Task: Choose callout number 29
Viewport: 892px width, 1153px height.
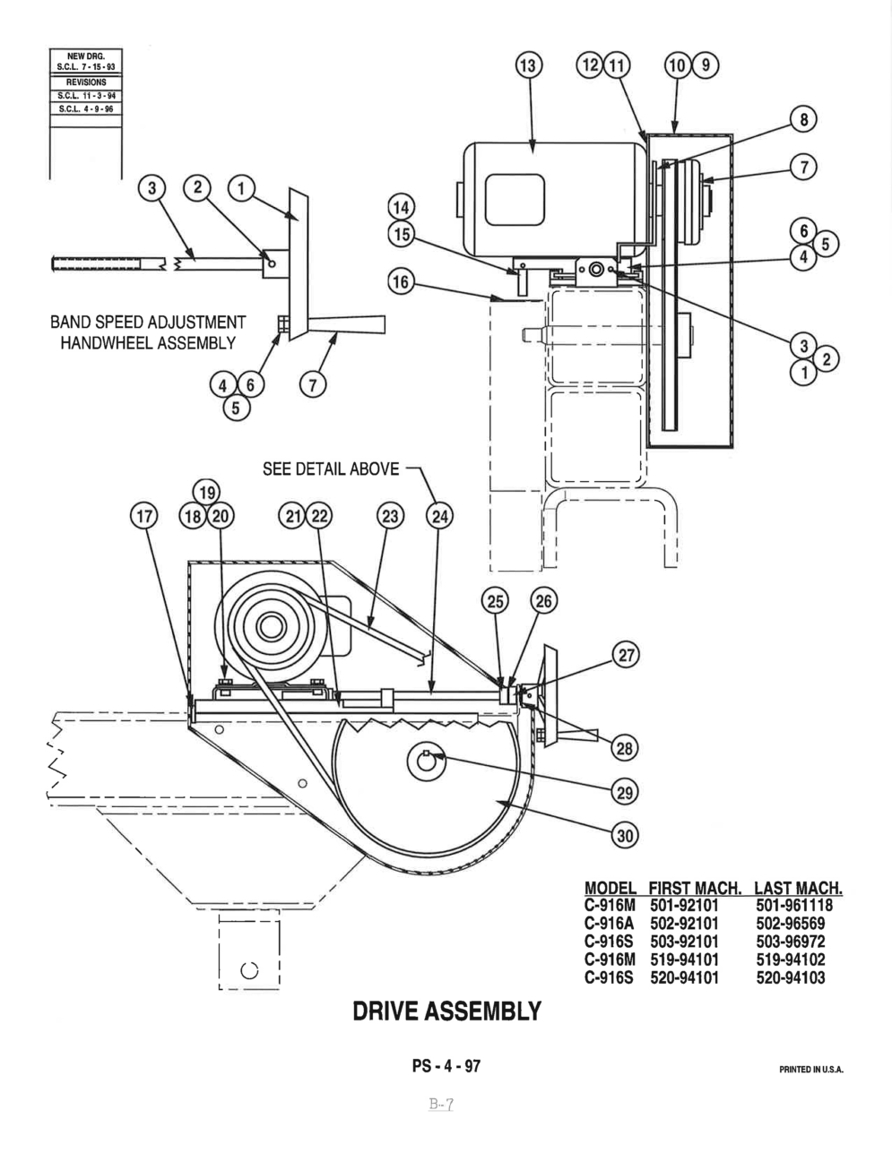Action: tap(625, 790)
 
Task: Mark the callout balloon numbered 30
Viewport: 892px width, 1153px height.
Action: tap(625, 835)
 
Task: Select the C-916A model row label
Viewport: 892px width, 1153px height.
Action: tap(610, 924)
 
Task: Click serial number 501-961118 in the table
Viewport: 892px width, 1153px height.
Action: tap(793, 906)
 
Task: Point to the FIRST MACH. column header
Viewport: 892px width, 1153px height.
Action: tap(695, 889)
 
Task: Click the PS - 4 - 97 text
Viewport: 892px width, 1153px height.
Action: tap(446, 1066)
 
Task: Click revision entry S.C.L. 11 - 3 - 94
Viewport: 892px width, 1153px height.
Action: tap(85, 95)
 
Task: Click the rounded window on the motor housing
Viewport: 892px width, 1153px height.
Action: tap(515, 200)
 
